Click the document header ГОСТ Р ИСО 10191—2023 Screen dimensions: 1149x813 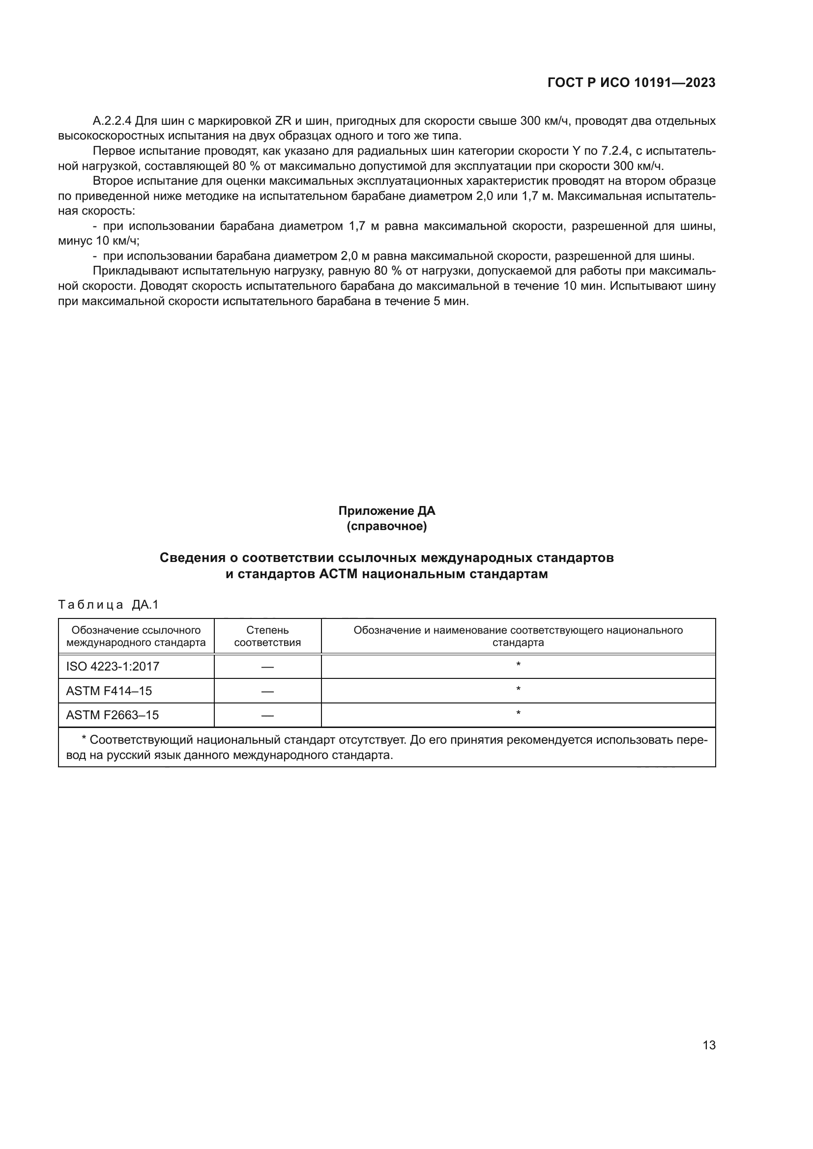tap(631, 83)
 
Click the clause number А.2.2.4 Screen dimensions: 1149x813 tap(113, 121)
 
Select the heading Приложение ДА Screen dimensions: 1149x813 tap(386, 511)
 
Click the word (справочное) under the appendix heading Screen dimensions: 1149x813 tap(386, 527)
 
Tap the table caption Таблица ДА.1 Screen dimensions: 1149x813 tap(108, 605)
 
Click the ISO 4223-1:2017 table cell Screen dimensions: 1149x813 tap(113, 667)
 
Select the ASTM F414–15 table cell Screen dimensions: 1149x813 tap(109, 691)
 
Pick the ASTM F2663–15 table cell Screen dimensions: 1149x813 tap(112, 715)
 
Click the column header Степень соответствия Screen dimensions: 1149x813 tap(267, 636)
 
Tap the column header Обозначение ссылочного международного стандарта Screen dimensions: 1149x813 tap(136, 636)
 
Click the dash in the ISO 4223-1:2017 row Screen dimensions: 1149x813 tap(267, 667)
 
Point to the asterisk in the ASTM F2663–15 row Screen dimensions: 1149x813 tap(518, 714)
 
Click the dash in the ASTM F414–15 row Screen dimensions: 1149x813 tap(267, 692)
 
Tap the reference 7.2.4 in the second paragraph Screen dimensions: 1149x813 tap(615, 151)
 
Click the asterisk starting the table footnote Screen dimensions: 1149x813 tap(84, 740)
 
